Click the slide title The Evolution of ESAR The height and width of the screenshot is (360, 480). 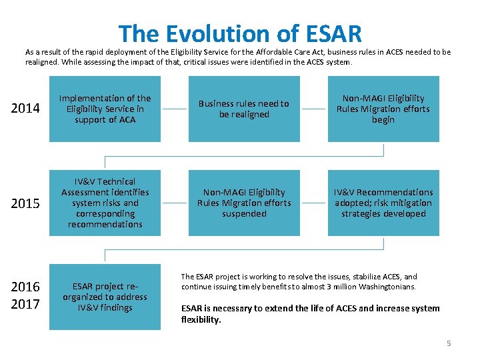[x=240, y=33]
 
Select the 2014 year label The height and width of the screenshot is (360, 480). [x=26, y=109]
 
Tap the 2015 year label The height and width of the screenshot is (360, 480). [x=26, y=203]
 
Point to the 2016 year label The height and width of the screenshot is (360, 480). [x=26, y=287]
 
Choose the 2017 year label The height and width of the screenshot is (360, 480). [x=26, y=305]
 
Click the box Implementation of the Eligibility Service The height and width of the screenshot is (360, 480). [x=105, y=109]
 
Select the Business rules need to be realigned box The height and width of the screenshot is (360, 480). [x=243, y=109]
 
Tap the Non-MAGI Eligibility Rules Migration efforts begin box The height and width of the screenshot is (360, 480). [x=383, y=109]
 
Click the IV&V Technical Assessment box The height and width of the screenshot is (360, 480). [x=105, y=203]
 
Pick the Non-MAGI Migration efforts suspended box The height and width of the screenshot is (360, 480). [x=243, y=203]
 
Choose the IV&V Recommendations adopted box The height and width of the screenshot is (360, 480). [x=383, y=203]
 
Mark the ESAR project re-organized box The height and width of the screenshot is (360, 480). [x=105, y=297]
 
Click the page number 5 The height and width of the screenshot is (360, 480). [x=449, y=343]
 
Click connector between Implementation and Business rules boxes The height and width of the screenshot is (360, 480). [x=175, y=109]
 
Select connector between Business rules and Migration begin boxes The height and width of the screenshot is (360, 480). [x=314, y=109]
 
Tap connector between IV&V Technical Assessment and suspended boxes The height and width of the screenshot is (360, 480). [x=175, y=203]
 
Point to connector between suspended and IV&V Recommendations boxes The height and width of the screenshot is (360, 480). [x=314, y=203]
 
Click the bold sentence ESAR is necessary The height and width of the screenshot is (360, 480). [x=310, y=313]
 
